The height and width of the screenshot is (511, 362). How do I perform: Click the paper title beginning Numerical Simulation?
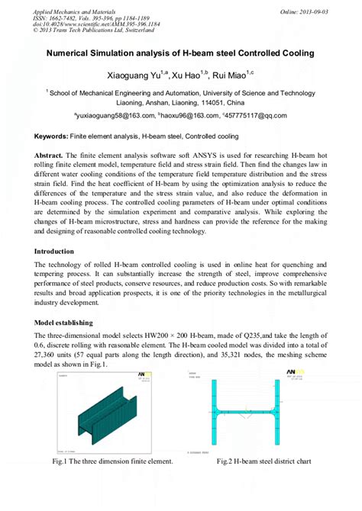[180, 54]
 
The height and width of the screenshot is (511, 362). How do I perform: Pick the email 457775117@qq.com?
[256, 116]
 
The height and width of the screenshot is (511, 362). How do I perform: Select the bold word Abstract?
[51, 155]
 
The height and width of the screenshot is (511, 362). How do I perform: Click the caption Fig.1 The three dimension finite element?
[112, 461]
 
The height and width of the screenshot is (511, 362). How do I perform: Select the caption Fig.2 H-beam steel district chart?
[263, 461]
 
